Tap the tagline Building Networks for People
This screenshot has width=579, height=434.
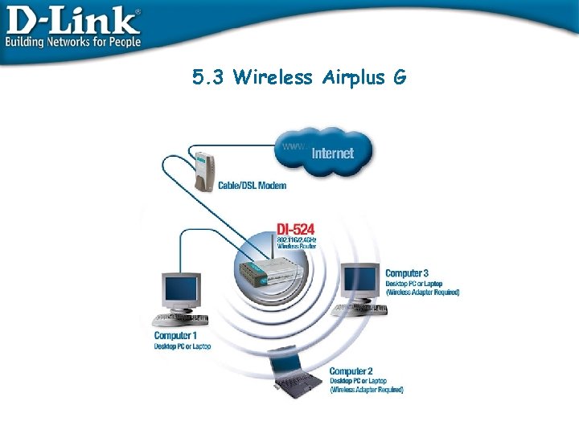pos(73,41)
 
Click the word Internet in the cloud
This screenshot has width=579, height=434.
pos(332,153)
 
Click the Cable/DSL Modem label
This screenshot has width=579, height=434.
pos(251,186)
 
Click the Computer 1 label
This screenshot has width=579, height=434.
pos(174,335)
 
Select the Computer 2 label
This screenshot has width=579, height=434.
pos(351,371)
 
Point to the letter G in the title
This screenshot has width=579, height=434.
pos(399,77)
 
